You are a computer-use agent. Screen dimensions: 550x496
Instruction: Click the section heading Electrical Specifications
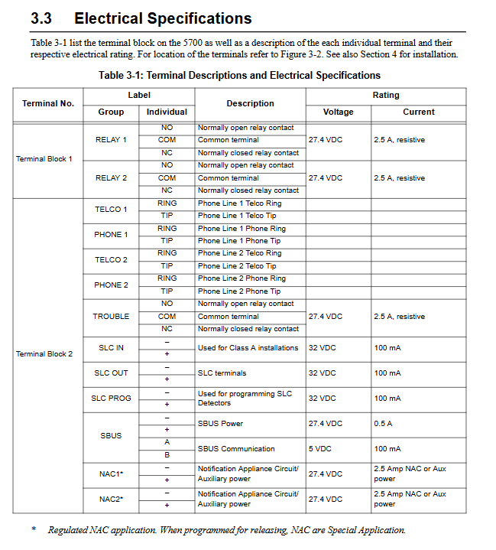[163, 18]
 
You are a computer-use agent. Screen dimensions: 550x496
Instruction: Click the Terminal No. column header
[48, 103]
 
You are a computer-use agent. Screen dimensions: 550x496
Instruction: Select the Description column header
[250, 103]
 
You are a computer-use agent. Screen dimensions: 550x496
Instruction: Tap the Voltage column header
[338, 112]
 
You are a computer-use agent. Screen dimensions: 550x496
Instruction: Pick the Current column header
[418, 112]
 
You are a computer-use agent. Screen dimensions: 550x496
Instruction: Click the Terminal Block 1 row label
[44, 159]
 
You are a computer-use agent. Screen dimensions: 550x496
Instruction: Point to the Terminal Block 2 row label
[44, 354]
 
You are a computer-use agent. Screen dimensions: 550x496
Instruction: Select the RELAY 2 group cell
[111, 178]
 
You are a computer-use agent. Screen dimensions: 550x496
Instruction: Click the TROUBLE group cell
[111, 317]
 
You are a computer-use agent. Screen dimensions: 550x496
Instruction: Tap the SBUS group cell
[111, 436]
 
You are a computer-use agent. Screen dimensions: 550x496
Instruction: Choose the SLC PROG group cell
[111, 399]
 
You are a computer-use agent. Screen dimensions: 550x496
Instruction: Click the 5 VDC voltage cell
[321, 449]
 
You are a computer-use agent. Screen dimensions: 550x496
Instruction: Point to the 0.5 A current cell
[383, 424]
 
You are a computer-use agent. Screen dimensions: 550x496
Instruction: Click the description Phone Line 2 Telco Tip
[237, 266]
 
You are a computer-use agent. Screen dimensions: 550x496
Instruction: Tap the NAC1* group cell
[111, 474]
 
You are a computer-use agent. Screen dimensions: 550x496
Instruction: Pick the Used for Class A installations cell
[248, 348]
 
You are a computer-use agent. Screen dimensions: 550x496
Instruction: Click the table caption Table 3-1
[239, 75]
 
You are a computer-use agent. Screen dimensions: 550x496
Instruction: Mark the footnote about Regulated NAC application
[226, 530]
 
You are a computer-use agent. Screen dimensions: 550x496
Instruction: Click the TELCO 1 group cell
[111, 210]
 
